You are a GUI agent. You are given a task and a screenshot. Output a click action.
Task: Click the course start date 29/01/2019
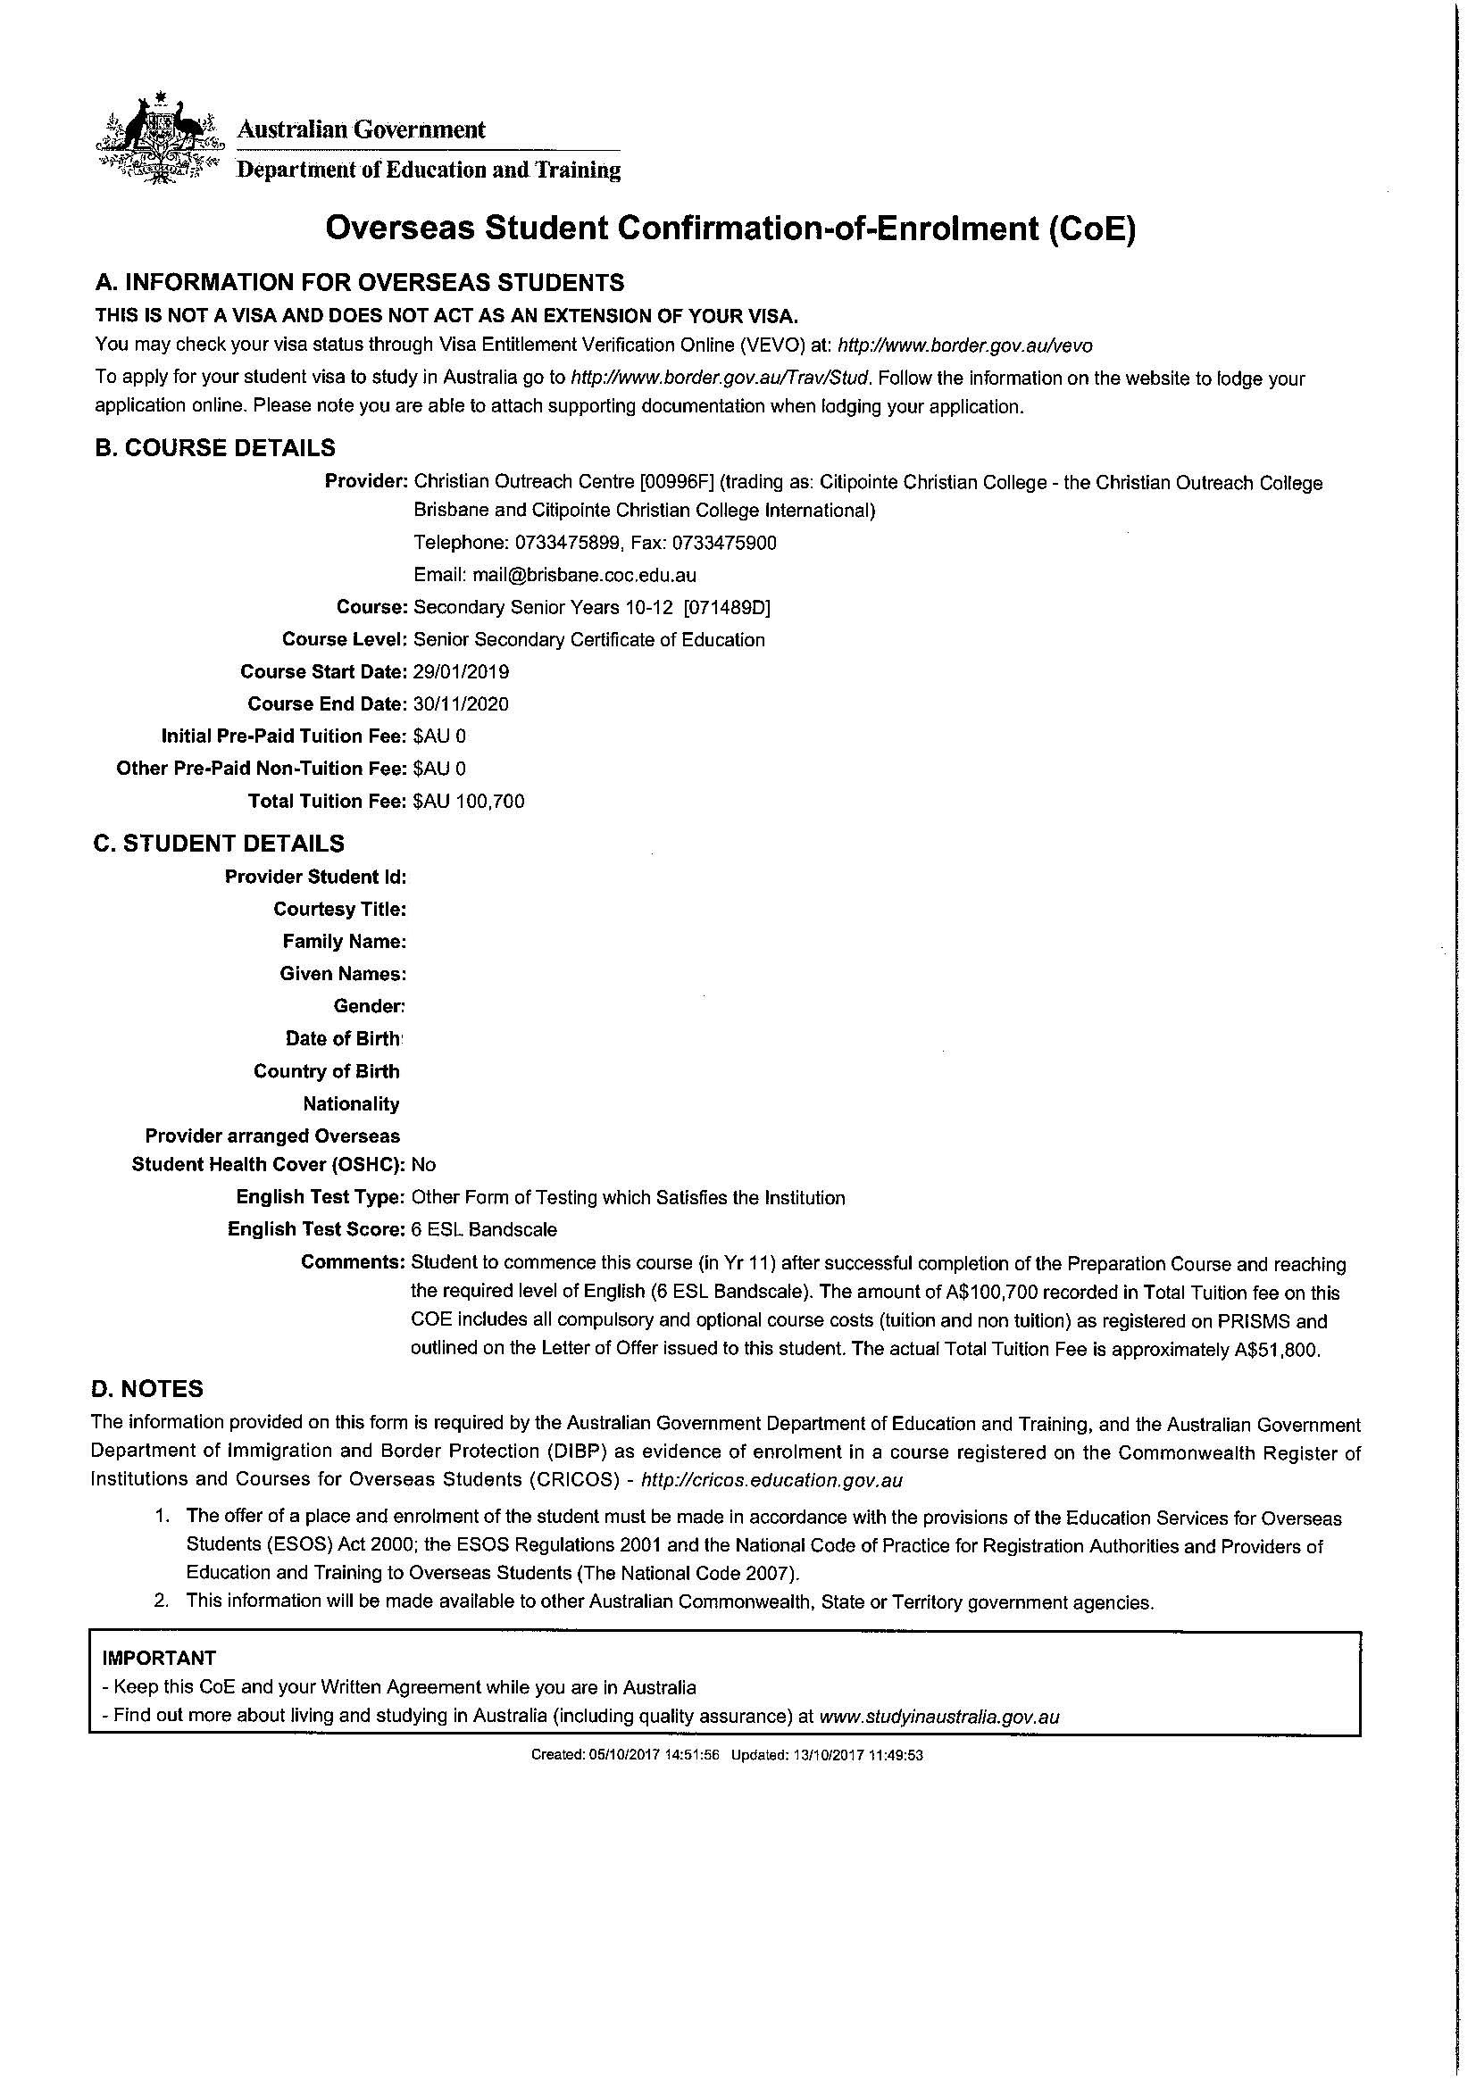(461, 672)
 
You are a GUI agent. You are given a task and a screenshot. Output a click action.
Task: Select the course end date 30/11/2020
(461, 703)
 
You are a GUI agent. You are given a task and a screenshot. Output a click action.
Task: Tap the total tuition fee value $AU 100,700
(469, 801)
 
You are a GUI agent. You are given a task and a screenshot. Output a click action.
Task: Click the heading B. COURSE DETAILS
(214, 447)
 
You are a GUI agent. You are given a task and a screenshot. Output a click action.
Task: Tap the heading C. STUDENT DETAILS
(218, 844)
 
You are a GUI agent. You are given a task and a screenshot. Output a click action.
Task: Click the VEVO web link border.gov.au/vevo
(965, 345)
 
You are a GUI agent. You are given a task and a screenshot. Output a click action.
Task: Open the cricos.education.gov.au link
(772, 1480)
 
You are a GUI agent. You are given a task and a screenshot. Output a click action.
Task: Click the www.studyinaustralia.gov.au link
(939, 1717)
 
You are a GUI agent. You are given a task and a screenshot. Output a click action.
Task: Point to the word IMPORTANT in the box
(159, 1658)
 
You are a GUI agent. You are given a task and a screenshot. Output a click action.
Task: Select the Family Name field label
(344, 941)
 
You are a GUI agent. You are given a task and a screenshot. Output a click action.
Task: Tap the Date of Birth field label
(342, 1038)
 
